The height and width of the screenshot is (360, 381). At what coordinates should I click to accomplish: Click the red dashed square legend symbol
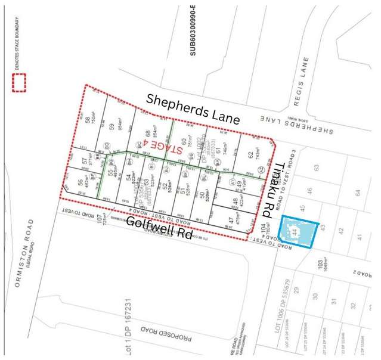click(x=20, y=83)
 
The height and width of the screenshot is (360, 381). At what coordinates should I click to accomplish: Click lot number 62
click(x=249, y=155)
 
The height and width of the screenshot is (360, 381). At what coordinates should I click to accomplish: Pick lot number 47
click(x=230, y=222)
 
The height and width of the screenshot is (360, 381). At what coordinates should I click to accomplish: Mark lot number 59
click(x=111, y=126)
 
